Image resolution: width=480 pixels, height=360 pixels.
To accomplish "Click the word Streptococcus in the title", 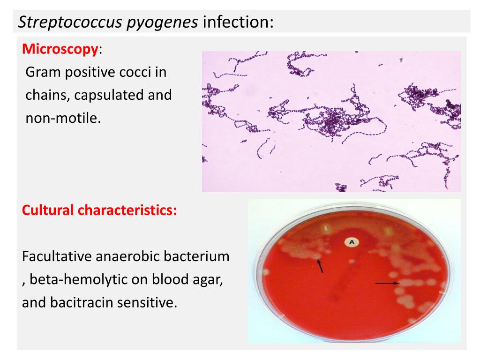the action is tap(70, 22).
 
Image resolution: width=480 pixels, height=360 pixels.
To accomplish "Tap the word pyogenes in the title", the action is tap(162, 22).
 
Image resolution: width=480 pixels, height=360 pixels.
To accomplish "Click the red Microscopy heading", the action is tap(60, 49).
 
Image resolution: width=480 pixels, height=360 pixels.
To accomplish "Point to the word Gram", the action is tap(43, 72).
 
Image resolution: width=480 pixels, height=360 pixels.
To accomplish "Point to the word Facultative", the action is tap(57, 256).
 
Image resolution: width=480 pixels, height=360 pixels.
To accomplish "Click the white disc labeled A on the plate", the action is tap(352, 242).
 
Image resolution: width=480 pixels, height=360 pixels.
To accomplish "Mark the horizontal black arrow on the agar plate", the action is tap(388, 284).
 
